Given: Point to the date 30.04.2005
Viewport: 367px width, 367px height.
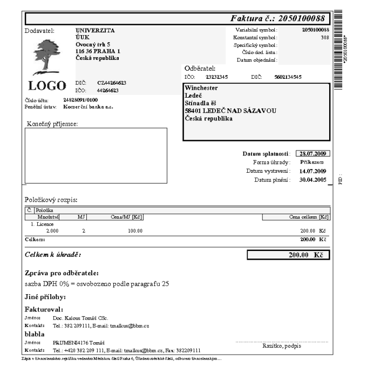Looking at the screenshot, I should click(x=313, y=180).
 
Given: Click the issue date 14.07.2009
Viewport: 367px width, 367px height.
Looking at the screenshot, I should click(x=313, y=171).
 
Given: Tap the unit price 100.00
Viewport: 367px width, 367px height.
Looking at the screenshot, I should click(x=135, y=230).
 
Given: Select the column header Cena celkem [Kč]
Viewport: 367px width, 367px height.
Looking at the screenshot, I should click(x=309, y=217).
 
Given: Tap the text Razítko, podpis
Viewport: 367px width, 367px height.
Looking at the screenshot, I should click(x=281, y=345).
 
